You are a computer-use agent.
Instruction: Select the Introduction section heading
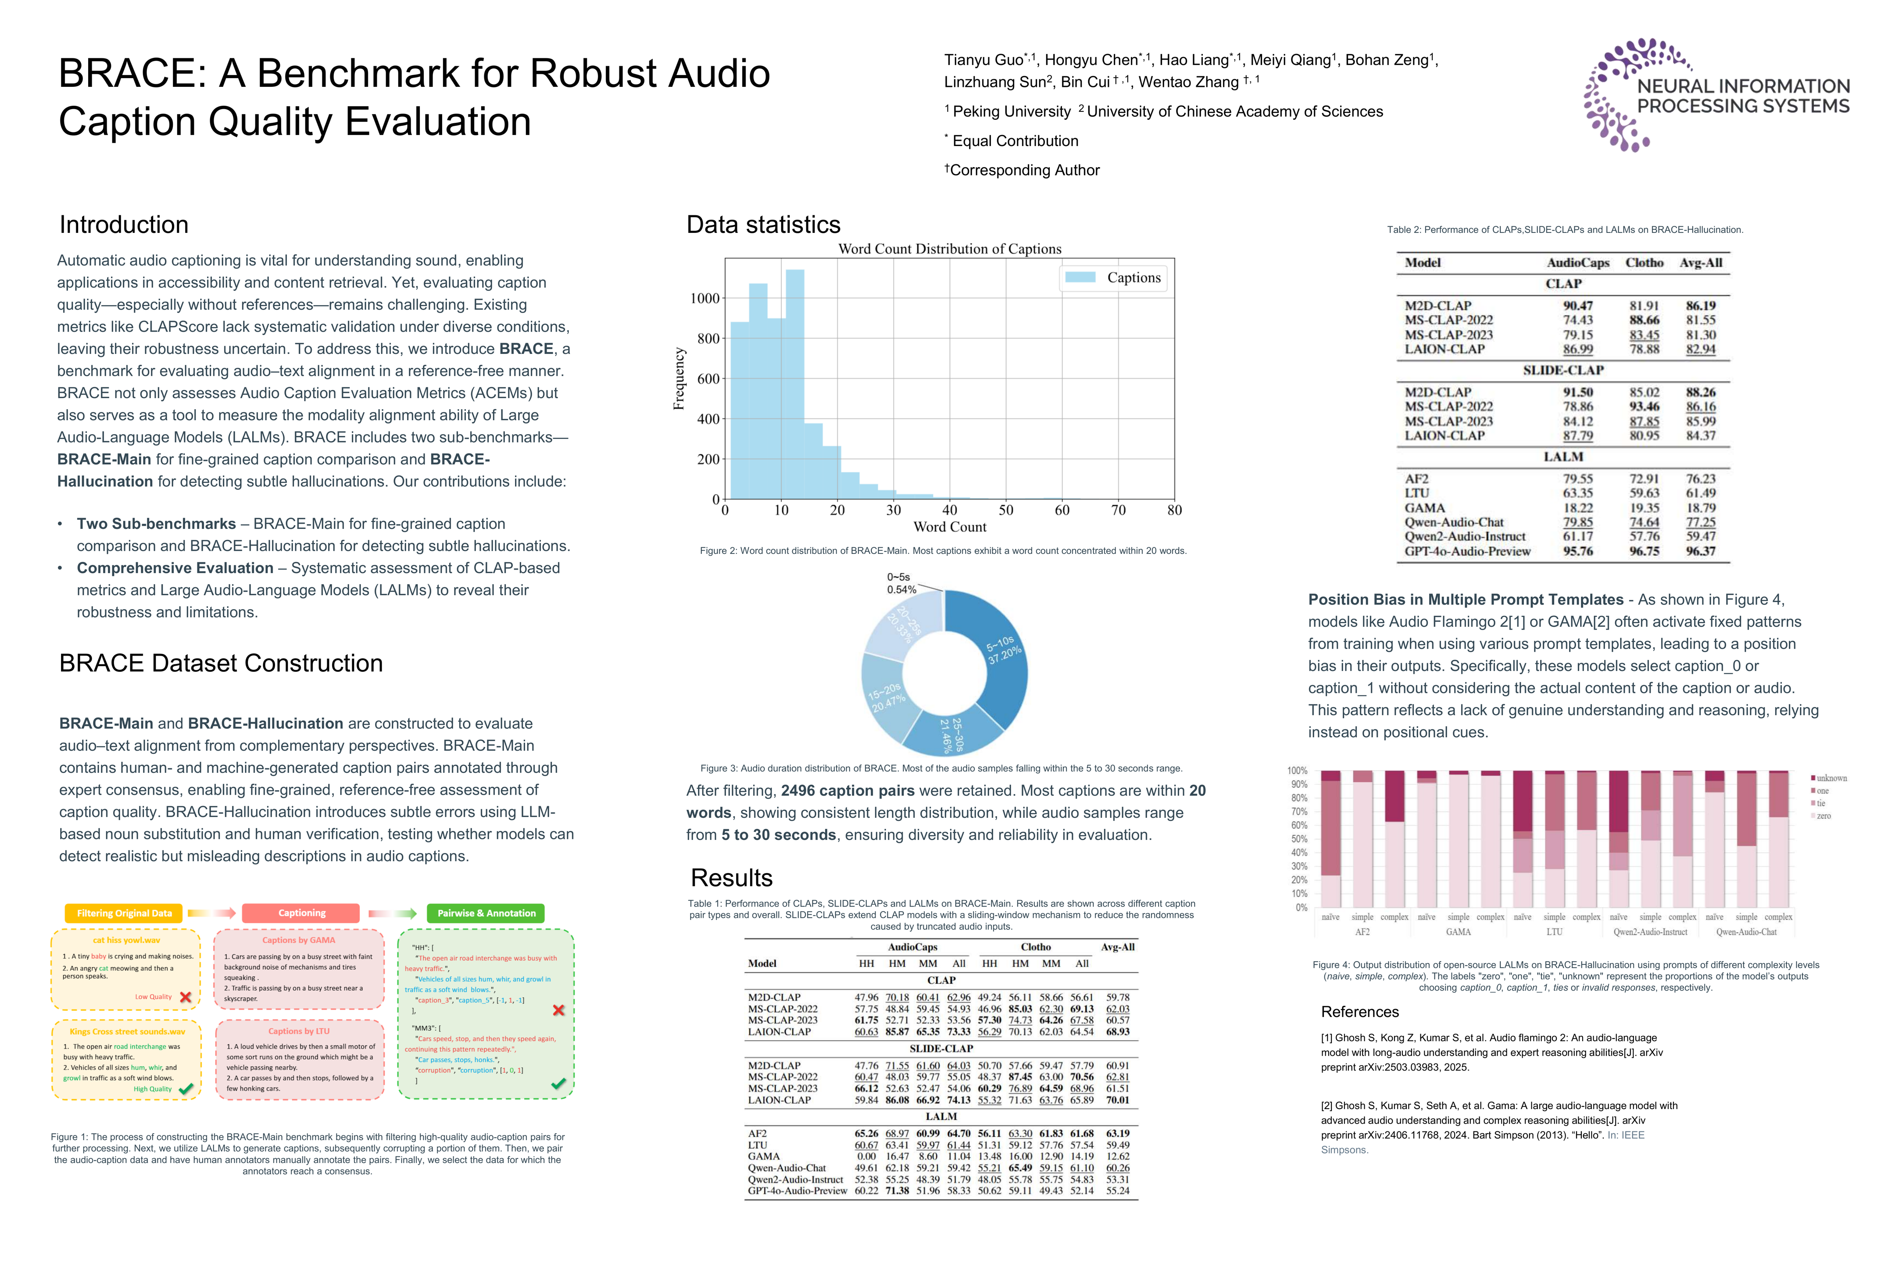124,225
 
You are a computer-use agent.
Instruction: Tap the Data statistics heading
763,225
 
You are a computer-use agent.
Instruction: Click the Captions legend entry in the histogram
1113,278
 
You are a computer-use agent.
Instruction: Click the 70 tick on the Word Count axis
1118,510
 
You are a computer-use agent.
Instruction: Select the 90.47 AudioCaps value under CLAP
1577,306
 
